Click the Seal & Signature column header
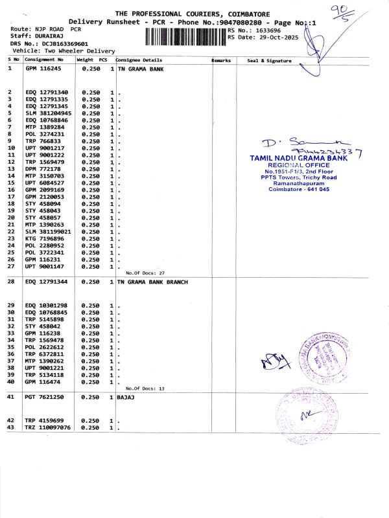pyautogui.click(x=269, y=61)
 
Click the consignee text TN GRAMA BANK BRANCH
pyautogui.click(x=152, y=282)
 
